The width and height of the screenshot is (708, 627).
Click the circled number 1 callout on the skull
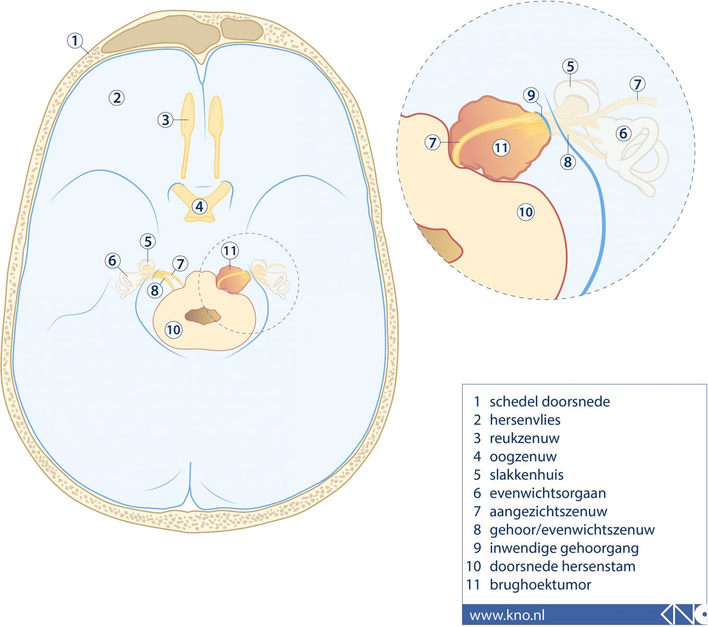click(75, 41)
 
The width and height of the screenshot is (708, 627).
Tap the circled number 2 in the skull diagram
click(117, 97)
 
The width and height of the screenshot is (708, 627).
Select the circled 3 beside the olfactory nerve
click(166, 120)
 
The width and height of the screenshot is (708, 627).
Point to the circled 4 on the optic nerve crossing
click(199, 206)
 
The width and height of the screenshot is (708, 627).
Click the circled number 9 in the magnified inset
click(531, 95)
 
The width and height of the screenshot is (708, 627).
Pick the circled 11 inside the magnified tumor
click(501, 148)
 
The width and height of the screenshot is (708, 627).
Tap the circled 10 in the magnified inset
click(526, 212)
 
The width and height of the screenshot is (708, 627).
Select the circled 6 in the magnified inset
click(623, 133)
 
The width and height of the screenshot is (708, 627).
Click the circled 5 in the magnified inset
click(571, 67)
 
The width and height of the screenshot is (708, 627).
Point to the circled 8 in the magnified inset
click(567, 162)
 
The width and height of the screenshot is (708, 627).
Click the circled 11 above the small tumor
click(230, 251)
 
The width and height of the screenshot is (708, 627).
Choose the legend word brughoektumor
click(540, 585)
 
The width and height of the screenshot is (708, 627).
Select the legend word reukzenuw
click(524, 438)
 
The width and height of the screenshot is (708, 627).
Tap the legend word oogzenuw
click(523, 457)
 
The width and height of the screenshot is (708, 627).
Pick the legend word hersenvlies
click(525, 420)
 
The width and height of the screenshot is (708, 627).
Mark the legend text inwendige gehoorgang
click(564, 548)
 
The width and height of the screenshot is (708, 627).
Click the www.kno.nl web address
click(507, 615)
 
